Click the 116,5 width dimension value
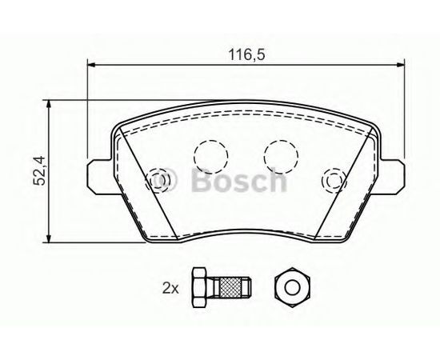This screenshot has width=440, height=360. [x=246, y=54]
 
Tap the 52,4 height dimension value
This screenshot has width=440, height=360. [x=39, y=170]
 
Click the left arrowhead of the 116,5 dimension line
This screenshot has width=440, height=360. [x=92, y=65]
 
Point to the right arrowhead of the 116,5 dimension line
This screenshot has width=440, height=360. [x=400, y=65]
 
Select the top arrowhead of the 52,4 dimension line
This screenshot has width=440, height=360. [x=49, y=104]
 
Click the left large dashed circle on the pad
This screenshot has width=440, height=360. [x=210, y=156]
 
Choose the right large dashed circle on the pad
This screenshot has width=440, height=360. [x=281, y=156]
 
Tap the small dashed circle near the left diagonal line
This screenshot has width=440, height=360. [x=158, y=180]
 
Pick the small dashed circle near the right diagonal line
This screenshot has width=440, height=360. [x=334, y=181]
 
